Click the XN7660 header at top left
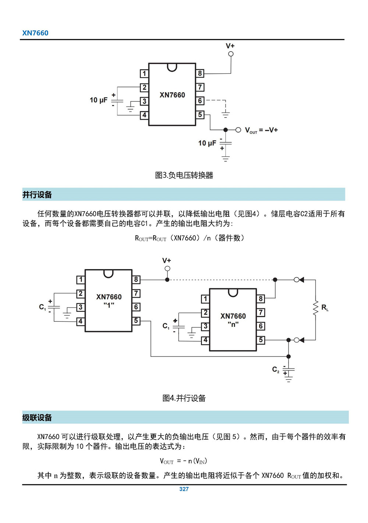[35, 33]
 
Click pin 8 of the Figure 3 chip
[200, 73]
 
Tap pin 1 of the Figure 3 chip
[144, 73]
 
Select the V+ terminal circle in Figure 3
[231, 54]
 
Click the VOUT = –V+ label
[261, 130]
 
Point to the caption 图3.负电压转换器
[184, 175]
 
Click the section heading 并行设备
[37, 195]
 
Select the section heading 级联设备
[37, 418]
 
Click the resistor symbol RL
[315, 308]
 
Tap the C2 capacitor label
[276, 369]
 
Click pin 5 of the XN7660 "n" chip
[261, 340]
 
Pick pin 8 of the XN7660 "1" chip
[136, 279]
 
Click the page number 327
[184, 489]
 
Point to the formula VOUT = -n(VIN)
[184, 461]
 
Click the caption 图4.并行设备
[184, 398]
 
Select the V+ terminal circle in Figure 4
[167, 269]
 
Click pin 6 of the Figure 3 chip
[200, 101]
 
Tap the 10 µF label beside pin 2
[99, 100]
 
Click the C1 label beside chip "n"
[166, 326]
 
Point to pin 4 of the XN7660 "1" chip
[80, 321]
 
